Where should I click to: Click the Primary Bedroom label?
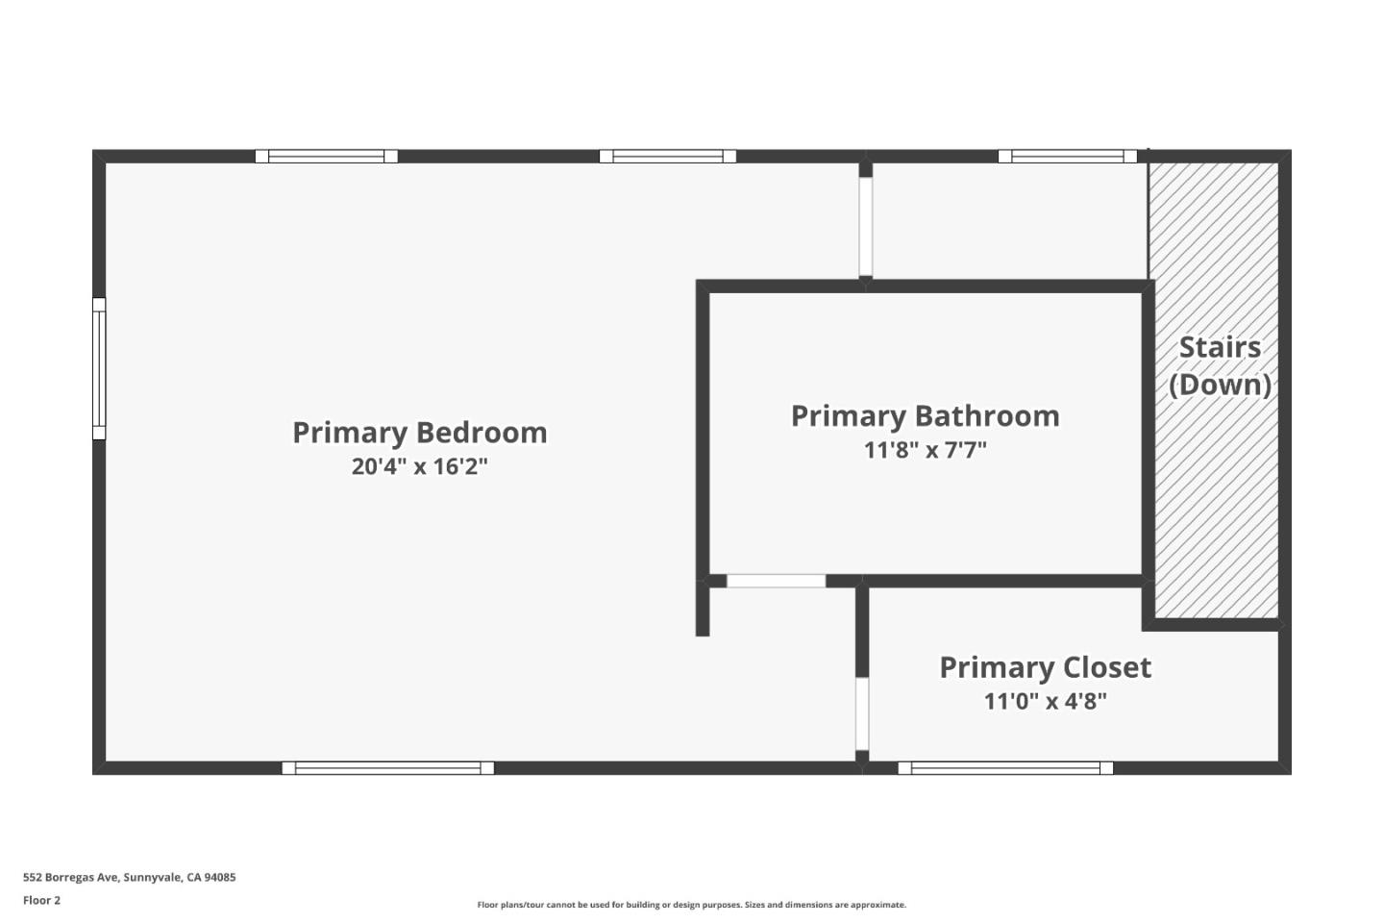[x=420, y=433]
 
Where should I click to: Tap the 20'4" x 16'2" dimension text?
[x=420, y=467]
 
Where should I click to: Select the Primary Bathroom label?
[x=925, y=416]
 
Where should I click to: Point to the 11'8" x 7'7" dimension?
[x=925, y=450]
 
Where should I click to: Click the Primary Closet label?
[x=1045, y=667]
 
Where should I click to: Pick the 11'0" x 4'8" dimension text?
[x=1045, y=701]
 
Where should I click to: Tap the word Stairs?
[x=1220, y=347]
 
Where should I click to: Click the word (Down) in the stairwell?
[x=1220, y=385]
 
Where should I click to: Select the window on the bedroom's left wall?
[x=99, y=368]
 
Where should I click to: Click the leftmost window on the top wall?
[x=326, y=156]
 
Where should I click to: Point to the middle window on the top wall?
[x=668, y=156]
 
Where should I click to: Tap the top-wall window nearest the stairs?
[x=1067, y=156]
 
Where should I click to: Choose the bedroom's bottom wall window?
[x=387, y=767]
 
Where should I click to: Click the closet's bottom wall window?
[x=1005, y=767]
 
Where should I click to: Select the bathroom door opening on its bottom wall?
[x=776, y=581]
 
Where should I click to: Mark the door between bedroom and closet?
[x=862, y=713]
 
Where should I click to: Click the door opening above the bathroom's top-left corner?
[x=865, y=227]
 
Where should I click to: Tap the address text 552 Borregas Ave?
[x=129, y=877]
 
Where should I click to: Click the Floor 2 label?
[x=41, y=900]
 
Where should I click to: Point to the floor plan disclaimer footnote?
[x=691, y=905]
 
